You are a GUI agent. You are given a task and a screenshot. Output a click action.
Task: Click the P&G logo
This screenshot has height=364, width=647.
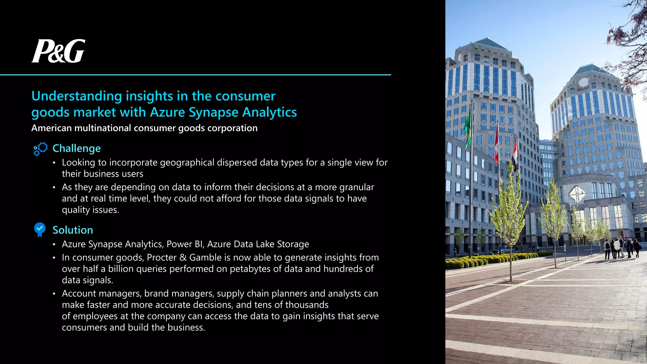click(58, 51)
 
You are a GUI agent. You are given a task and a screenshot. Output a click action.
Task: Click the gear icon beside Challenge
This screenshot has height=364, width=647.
click(40, 149)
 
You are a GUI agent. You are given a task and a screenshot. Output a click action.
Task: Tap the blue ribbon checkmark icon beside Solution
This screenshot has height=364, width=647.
click(40, 230)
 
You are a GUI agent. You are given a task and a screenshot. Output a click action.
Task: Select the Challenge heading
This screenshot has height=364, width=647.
click(76, 149)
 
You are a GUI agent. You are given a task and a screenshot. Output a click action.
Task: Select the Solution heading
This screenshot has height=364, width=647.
click(73, 230)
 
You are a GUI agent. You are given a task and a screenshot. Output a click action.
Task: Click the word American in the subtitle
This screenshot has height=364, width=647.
click(51, 128)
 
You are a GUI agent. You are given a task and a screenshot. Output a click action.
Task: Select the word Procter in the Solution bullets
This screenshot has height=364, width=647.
click(161, 258)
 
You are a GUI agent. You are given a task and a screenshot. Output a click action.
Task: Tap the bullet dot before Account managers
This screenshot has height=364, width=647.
click(54, 294)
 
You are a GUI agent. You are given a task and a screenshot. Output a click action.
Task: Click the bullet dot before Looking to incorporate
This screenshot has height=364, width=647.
click(54, 163)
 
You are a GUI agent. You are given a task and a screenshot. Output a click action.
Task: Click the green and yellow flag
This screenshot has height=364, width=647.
click(468, 128)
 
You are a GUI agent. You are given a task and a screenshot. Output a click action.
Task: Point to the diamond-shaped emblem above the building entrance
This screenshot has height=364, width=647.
click(577, 193)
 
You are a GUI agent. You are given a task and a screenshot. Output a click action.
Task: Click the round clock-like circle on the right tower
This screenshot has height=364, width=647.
click(584, 82)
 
